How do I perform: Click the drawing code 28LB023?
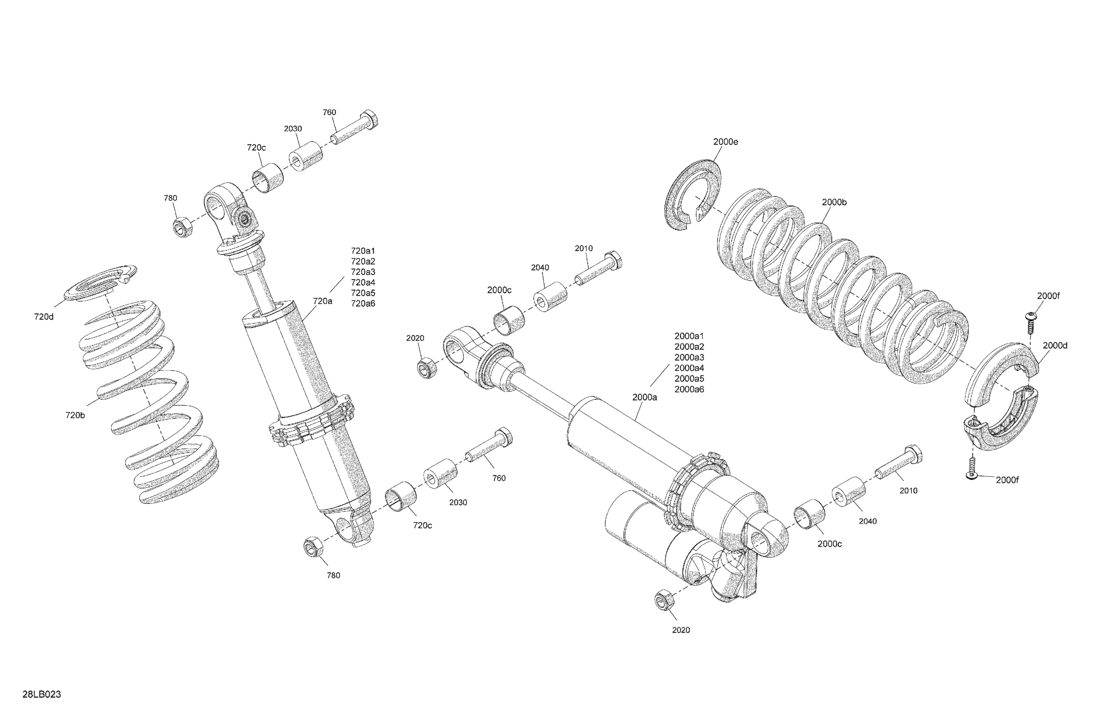point(42,695)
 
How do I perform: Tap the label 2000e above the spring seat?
point(726,142)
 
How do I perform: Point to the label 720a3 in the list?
point(363,272)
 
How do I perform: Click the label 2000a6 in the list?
point(689,389)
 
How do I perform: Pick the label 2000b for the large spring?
point(834,202)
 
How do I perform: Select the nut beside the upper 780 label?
point(183,227)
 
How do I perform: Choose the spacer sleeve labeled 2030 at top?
point(306,157)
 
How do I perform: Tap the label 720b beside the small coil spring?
point(75,415)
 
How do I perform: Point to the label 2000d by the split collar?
point(1055,346)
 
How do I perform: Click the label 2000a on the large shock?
point(645,397)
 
